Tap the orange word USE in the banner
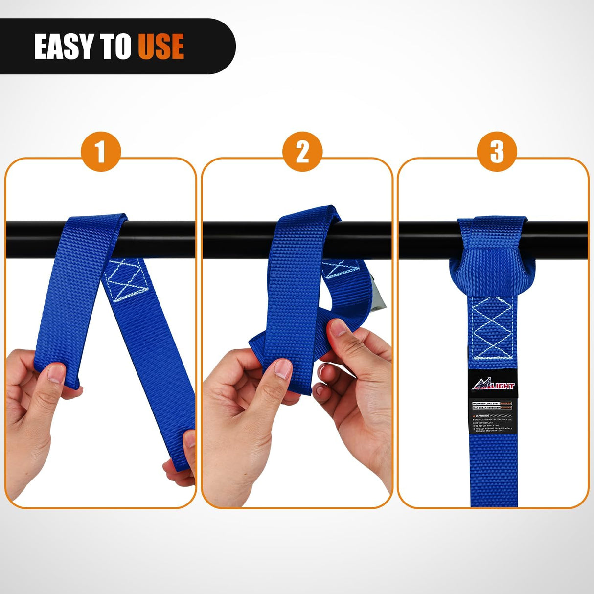(x=160, y=47)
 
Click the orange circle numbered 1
(x=100, y=152)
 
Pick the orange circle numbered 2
(x=302, y=152)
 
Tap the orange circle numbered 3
(x=497, y=152)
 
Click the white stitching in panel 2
(x=341, y=269)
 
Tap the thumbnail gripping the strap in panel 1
(x=56, y=373)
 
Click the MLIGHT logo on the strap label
(x=493, y=386)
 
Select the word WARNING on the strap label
(x=482, y=416)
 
